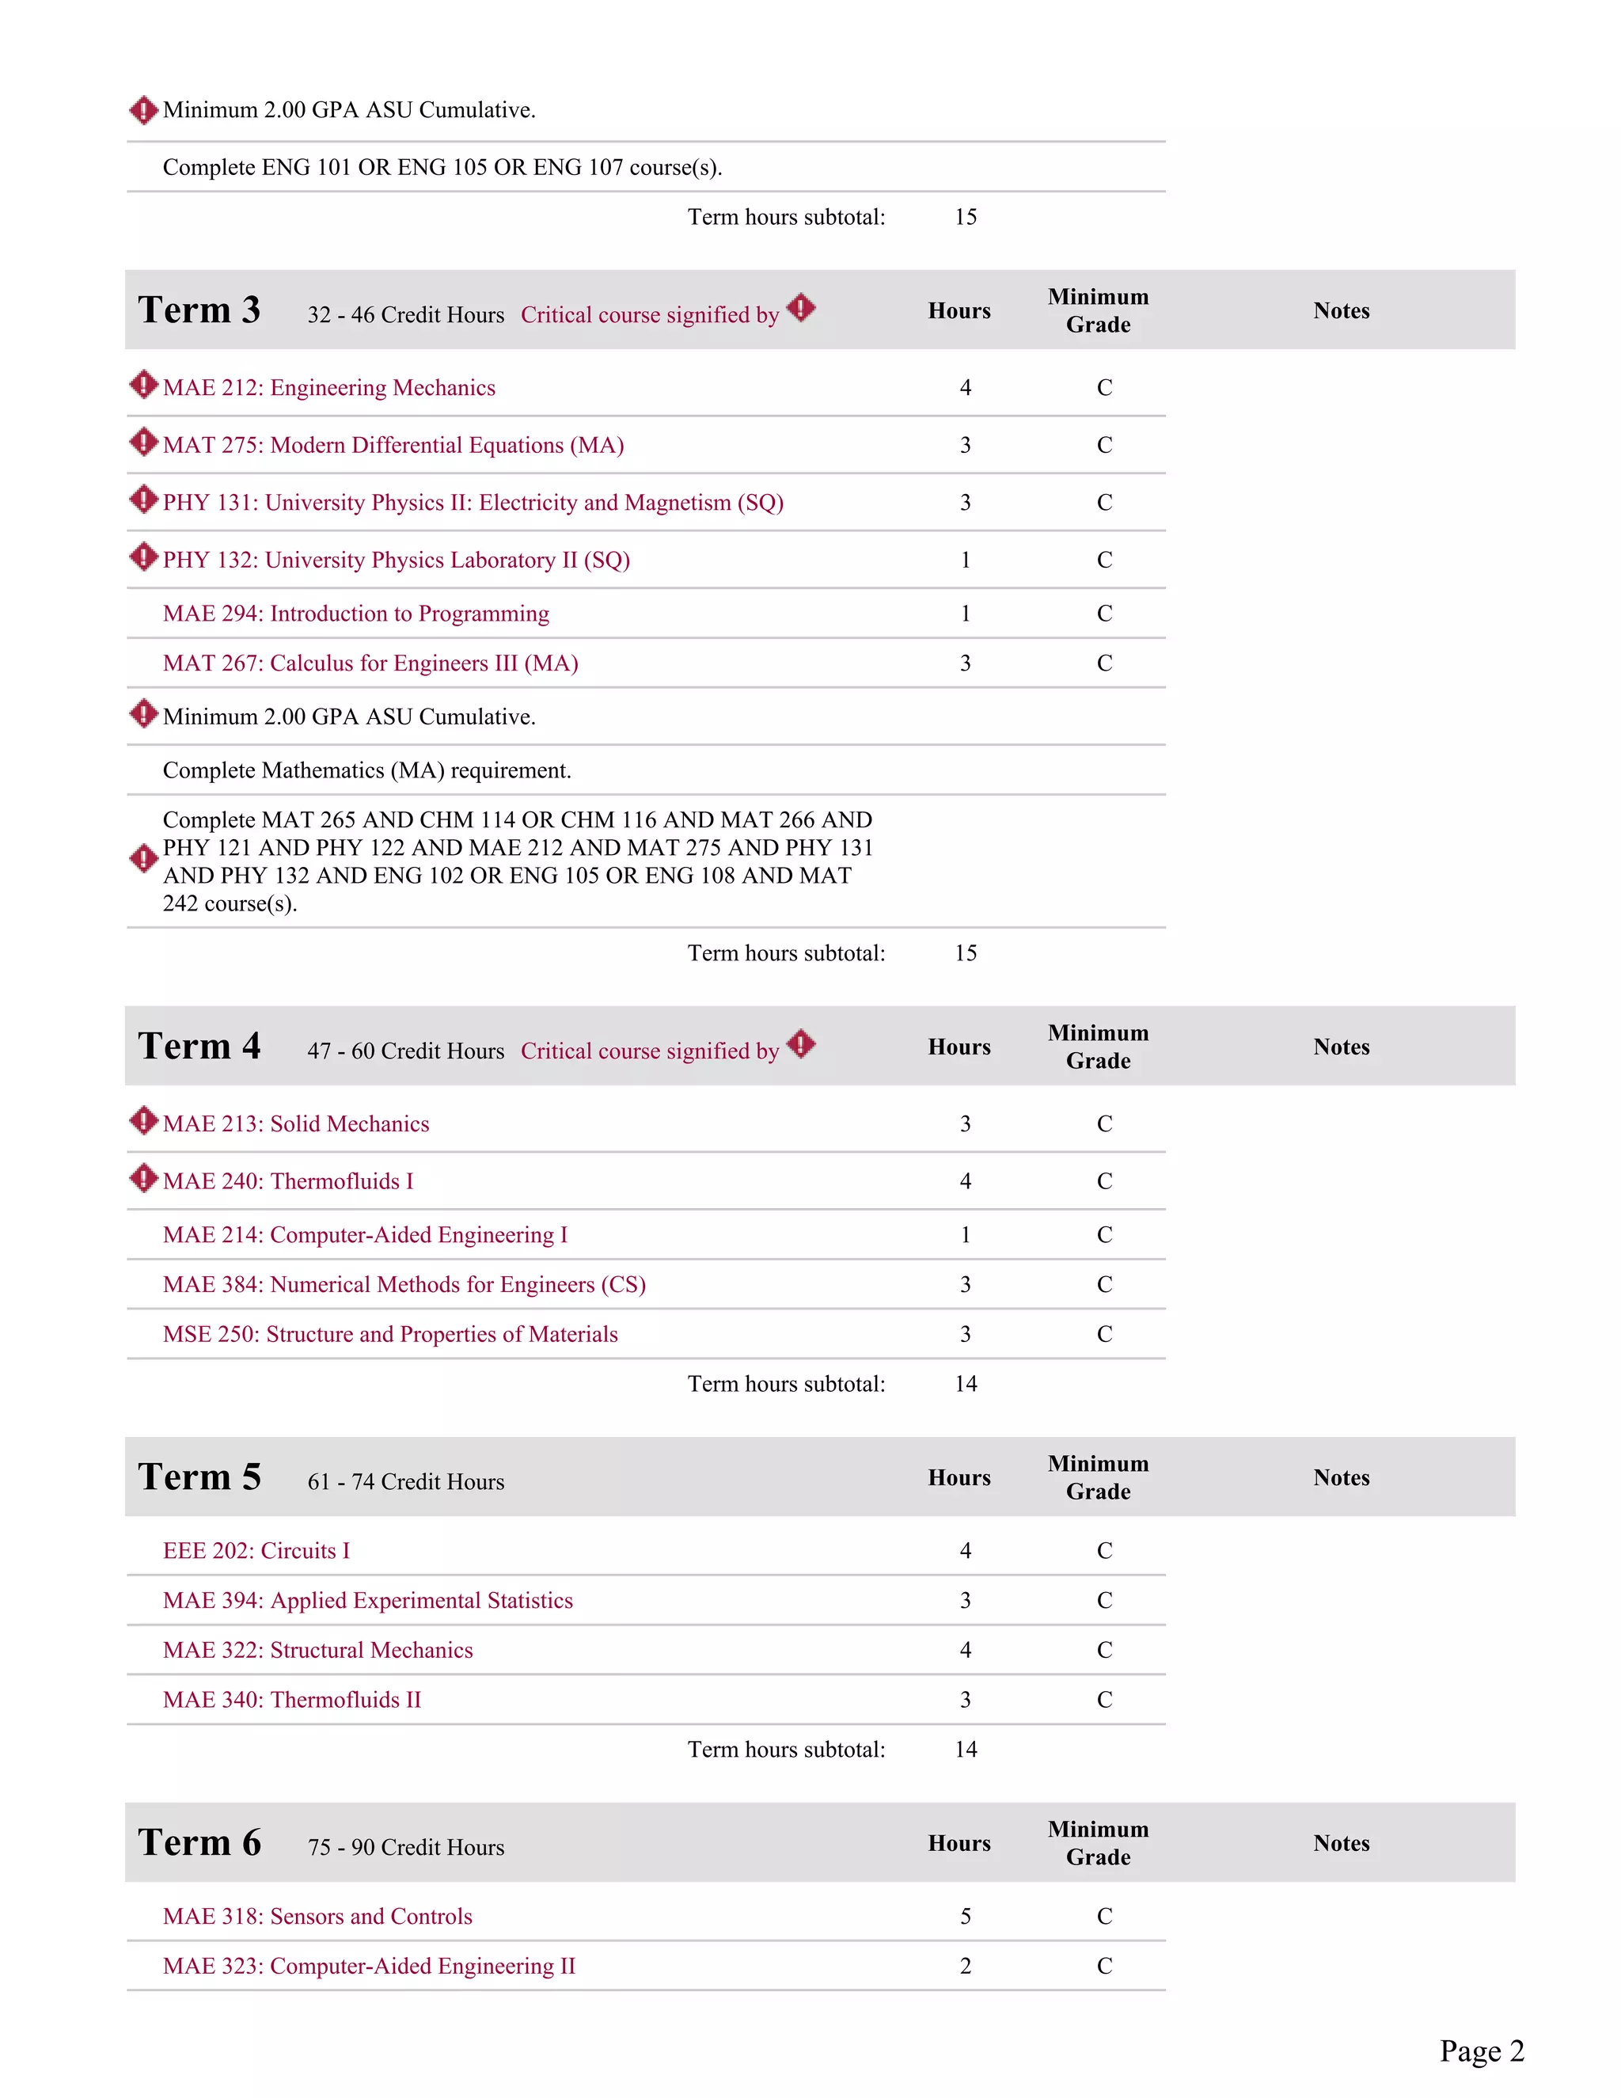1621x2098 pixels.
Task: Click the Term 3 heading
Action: coord(199,310)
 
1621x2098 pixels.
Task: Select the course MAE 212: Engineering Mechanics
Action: coord(328,388)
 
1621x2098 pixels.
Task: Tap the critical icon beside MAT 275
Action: coord(143,443)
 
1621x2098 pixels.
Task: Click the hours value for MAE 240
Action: coord(965,1181)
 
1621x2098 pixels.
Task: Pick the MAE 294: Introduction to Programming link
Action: coord(355,614)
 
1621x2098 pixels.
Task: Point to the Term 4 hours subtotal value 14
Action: coord(965,1384)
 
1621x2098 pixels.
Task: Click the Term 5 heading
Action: coord(199,1477)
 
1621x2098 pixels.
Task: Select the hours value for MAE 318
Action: coord(965,1917)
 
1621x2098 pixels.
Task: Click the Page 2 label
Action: coord(1481,2051)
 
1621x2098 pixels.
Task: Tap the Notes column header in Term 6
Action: coord(1341,1843)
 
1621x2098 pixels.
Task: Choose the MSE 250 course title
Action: coord(390,1334)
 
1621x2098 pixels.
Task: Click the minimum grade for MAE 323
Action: coord(1104,1967)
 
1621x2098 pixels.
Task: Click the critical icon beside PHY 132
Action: coord(143,557)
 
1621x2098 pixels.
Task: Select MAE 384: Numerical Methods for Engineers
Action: coord(404,1285)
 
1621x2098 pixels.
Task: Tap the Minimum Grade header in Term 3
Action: coord(1098,311)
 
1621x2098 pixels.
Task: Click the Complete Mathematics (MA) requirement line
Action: coord(366,770)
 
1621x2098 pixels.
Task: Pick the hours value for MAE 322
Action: coord(965,1651)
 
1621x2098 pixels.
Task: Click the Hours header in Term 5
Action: coord(959,1478)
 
